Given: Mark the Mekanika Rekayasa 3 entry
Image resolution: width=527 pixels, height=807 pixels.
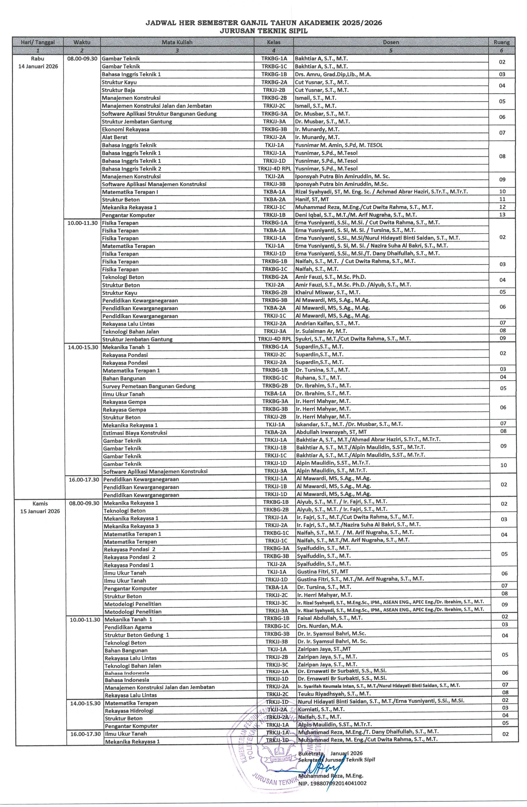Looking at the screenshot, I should point(131,526).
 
